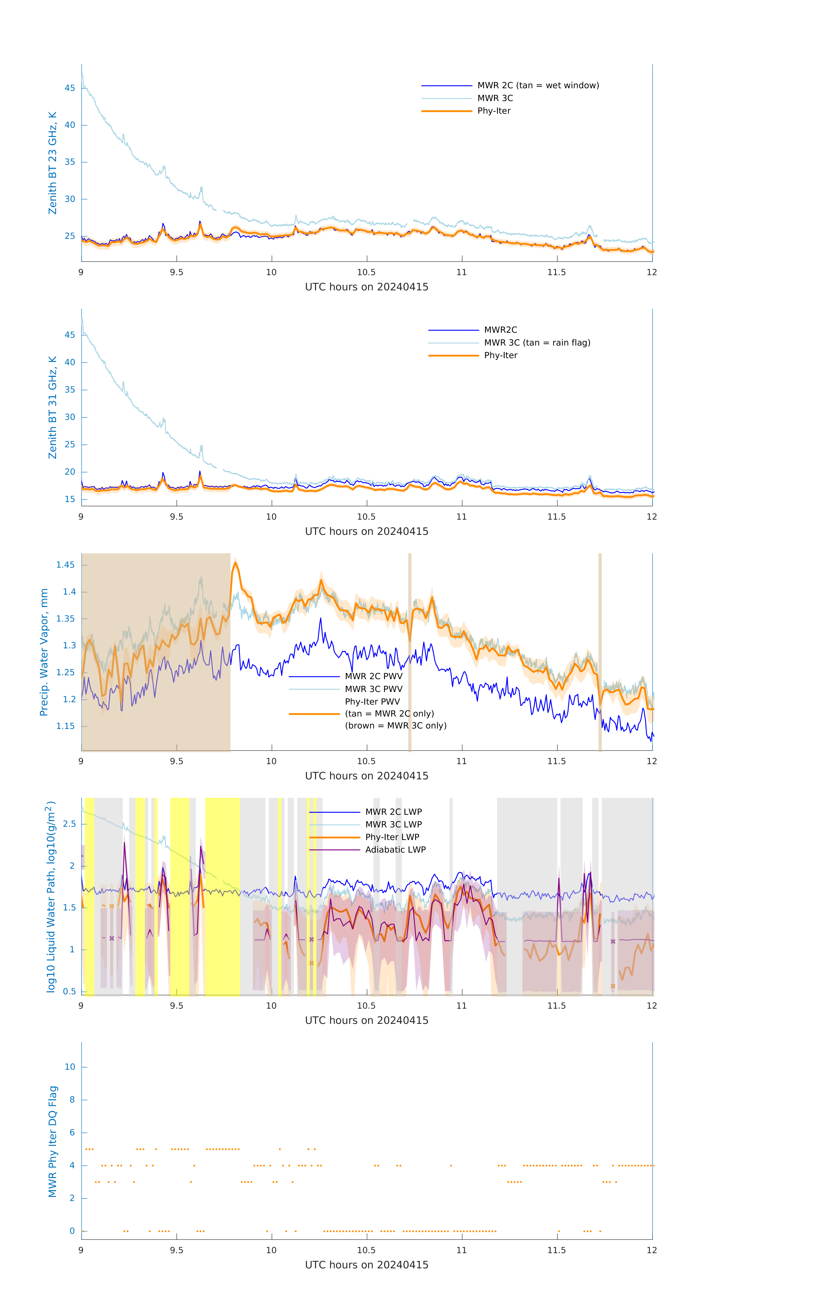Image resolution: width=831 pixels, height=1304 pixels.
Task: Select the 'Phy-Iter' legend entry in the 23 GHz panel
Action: click(494, 111)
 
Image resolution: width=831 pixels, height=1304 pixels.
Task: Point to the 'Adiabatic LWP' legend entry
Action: click(395, 850)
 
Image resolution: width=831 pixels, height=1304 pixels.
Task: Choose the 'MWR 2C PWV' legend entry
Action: click(373, 676)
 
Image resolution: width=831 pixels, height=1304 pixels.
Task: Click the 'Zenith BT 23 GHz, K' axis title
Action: click(53, 163)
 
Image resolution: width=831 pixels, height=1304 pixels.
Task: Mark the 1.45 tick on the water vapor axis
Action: click(66, 565)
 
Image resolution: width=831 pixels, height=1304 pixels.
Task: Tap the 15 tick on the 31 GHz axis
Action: click(70, 499)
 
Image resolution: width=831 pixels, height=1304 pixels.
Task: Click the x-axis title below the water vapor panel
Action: click(367, 776)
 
